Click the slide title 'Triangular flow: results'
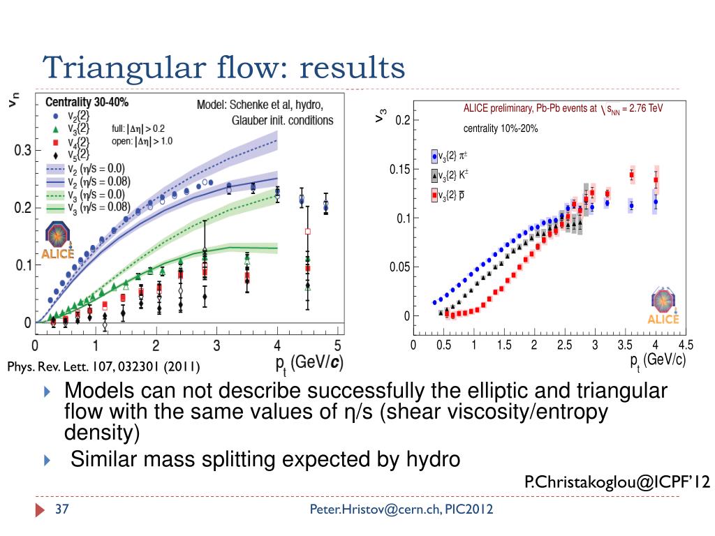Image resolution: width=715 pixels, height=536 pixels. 223,68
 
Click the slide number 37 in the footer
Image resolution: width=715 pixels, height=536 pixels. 60,509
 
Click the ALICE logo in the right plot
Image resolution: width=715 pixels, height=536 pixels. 663,306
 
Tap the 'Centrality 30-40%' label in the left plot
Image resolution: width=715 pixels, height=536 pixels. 87,102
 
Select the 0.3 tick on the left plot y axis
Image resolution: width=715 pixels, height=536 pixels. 23,151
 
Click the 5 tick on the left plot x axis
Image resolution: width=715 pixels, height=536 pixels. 338,345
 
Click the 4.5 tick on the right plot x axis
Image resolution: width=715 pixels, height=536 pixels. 686,345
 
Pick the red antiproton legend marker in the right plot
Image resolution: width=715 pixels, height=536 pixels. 434,196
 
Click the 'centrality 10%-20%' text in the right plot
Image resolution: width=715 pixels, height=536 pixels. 500,129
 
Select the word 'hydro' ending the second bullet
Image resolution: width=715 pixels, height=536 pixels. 433,460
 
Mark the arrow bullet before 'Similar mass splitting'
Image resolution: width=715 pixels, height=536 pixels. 47,460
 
